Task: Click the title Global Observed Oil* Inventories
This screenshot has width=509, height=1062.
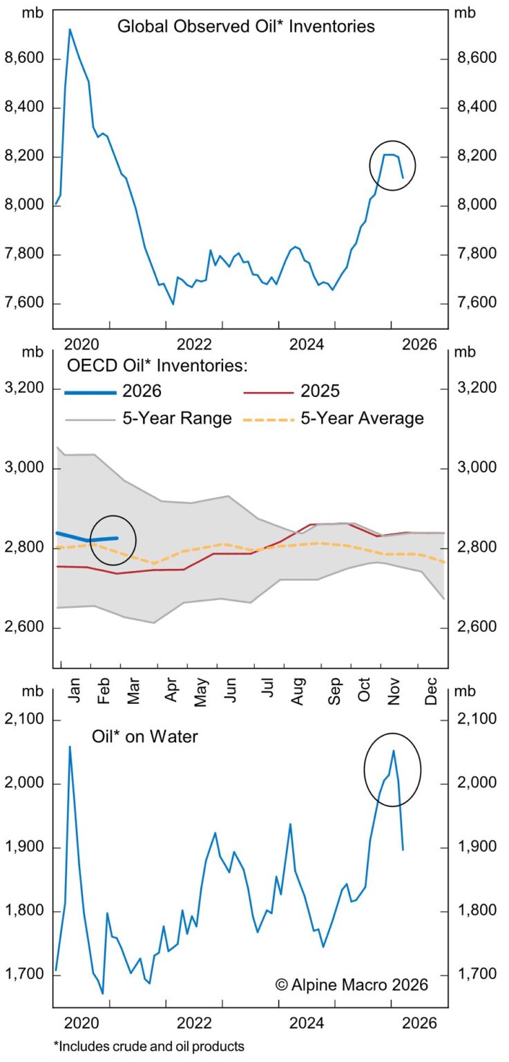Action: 246,27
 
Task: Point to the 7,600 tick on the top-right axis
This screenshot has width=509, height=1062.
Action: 477,304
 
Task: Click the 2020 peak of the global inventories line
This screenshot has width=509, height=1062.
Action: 70,29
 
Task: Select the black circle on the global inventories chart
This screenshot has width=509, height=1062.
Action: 392,165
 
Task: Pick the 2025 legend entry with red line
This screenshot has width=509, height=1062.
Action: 292,391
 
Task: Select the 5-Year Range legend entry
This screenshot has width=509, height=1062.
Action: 148,418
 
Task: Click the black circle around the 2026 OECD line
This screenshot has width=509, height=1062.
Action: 113,540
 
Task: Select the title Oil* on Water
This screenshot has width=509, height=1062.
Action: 145,737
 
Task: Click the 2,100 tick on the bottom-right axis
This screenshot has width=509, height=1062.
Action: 477,720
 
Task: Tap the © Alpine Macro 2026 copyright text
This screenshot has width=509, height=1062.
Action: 352,984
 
